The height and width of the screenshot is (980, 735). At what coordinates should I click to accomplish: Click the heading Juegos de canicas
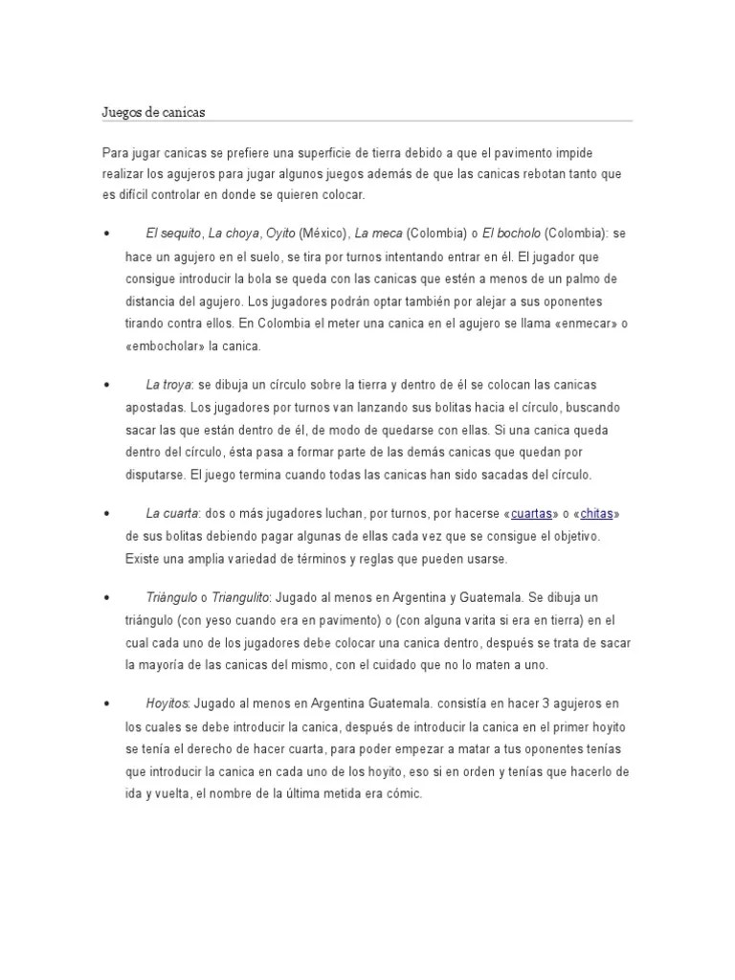pos(154,113)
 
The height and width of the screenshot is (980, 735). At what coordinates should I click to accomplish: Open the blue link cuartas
pos(532,514)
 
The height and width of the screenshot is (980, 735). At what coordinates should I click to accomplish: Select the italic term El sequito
pos(173,233)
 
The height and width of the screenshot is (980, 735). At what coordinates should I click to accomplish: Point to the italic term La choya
pos(234,233)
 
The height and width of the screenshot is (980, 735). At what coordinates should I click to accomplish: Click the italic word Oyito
pos(280,233)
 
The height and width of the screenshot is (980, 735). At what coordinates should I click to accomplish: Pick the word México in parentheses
pos(323,233)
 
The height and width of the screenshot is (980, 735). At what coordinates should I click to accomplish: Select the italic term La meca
pos(379,233)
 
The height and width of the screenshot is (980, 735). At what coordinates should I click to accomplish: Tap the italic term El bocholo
pos(511,233)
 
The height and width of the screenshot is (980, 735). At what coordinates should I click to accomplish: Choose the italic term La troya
pos(168,385)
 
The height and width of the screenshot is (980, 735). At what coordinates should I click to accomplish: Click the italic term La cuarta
pos(171,514)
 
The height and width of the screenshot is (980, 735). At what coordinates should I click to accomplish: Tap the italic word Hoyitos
pos(167,703)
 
